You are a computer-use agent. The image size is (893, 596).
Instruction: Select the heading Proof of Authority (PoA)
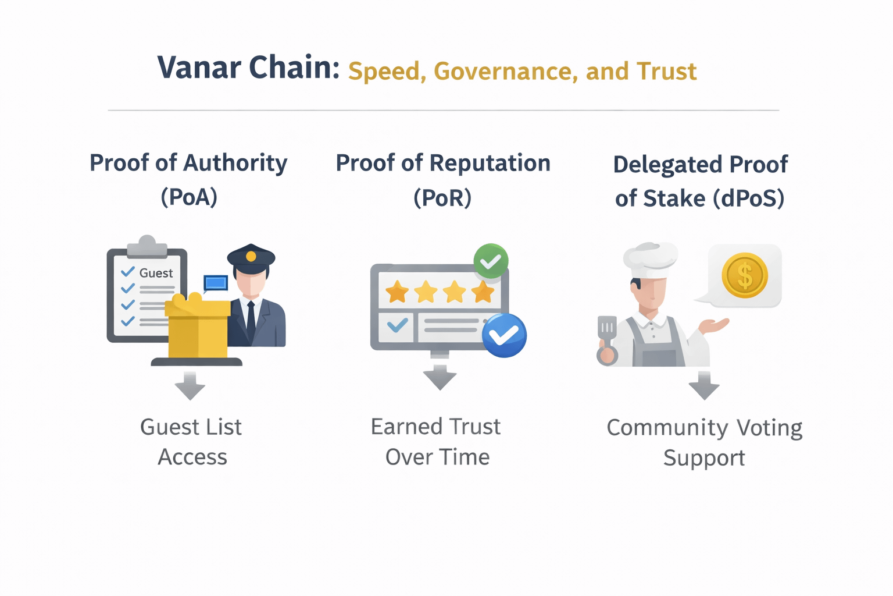tap(188, 179)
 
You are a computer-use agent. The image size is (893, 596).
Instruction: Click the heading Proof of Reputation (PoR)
tap(442, 179)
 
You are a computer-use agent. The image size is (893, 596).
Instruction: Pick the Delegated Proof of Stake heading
tap(700, 180)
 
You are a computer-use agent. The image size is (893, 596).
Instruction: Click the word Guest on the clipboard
tap(156, 273)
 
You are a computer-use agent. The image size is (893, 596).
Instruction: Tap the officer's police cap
tap(251, 257)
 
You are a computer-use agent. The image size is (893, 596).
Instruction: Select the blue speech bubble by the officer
tap(216, 283)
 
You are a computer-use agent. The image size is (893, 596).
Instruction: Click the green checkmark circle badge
tap(491, 261)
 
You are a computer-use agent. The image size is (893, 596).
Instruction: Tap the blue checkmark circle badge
tap(504, 335)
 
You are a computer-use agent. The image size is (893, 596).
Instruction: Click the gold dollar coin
tap(744, 275)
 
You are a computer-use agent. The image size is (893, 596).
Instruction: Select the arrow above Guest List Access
tap(190, 386)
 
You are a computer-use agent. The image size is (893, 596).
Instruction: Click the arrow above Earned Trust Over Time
tap(440, 377)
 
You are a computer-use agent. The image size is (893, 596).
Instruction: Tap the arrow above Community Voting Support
tap(704, 386)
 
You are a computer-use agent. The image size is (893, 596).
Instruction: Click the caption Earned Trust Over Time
tap(437, 442)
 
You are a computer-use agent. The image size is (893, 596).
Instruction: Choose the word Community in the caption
tap(667, 428)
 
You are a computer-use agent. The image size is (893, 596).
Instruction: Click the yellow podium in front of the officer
tap(198, 329)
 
